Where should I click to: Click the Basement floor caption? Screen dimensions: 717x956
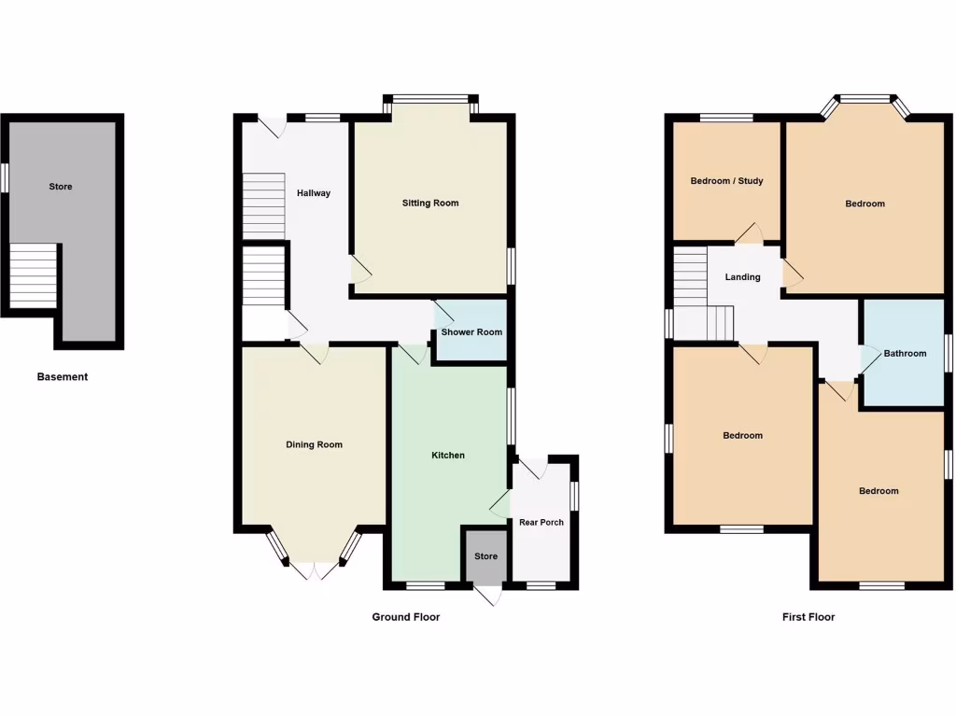coord(63,377)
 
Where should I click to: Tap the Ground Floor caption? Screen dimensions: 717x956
coord(406,617)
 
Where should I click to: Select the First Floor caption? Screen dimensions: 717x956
coord(808,617)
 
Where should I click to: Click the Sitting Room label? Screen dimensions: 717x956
coord(430,203)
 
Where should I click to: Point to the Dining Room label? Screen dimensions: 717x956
coord(314,444)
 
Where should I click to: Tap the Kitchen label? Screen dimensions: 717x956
coord(448,456)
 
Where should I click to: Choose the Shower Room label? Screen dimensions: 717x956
coord(471,332)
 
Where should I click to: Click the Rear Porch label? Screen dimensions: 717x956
coord(541,522)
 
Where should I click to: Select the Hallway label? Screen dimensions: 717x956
coord(314,193)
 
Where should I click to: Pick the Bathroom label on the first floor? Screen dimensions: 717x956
coord(906,353)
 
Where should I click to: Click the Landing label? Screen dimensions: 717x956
coord(743,276)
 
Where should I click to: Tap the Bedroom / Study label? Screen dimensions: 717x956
coord(727,180)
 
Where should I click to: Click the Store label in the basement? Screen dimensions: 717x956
coord(61,187)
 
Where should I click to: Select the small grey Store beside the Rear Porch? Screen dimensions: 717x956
coord(486,556)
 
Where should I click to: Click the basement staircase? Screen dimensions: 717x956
coord(33,276)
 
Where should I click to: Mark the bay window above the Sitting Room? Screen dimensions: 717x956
coord(430,96)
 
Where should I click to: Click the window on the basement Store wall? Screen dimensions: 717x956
coord(4,177)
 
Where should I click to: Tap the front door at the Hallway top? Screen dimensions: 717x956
coord(272,123)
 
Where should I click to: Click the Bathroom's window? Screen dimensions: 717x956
coord(949,353)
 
